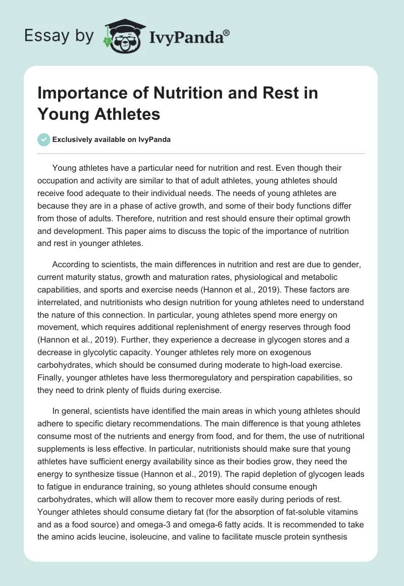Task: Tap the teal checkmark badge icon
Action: (44, 139)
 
